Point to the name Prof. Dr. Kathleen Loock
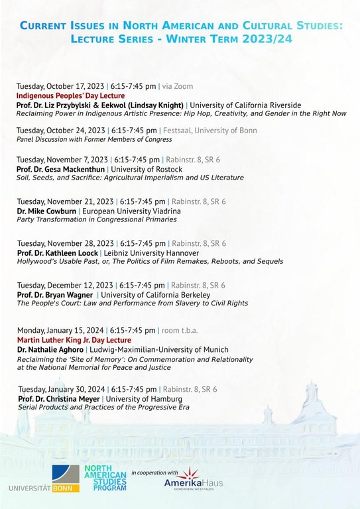[x=58, y=253]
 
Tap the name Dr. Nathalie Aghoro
[x=50, y=349]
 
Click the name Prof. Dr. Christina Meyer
[x=58, y=398]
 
